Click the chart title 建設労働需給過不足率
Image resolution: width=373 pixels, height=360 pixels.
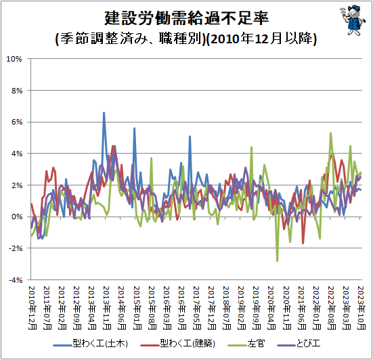tap(187, 18)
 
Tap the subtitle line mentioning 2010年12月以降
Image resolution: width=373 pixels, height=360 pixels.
tap(186, 39)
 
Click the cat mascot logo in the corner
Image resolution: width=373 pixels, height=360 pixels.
tap(353, 20)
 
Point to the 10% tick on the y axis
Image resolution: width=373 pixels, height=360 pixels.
tap(14, 59)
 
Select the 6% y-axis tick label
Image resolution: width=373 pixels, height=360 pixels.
tap(17, 122)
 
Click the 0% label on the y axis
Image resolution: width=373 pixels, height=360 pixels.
tap(17, 217)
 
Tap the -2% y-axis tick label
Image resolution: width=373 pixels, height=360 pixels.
tap(16, 248)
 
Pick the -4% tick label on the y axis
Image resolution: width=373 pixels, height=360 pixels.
tap(16, 280)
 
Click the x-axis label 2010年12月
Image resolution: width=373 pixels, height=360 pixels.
tap(32, 308)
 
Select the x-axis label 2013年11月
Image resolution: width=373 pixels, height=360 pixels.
tap(107, 308)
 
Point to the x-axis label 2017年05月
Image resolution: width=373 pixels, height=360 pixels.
tap(197, 308)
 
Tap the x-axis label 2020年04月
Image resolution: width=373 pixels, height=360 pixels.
tap(271, 308)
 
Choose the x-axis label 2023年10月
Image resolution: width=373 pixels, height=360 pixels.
tap(361, 308)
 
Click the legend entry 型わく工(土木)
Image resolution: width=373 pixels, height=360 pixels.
tap(91, 344)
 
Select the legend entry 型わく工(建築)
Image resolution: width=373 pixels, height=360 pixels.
tap(177, 344)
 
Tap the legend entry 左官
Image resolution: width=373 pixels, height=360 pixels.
tap(246, 344)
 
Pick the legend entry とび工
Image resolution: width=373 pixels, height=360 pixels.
tap(299, 344)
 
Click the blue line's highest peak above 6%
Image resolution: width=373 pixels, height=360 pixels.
tap(104, 113)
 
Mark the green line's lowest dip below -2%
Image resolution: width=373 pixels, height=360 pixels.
tap(277, 261)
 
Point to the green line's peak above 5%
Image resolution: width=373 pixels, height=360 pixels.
tap(330, 133)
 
